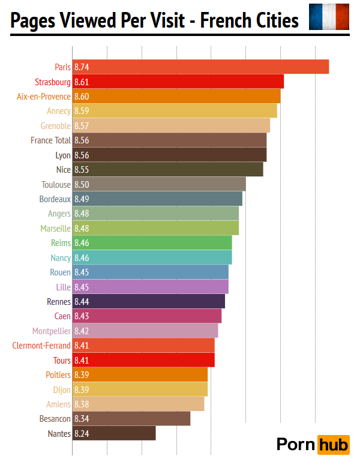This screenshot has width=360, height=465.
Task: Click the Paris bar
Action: click(x=201, y=67)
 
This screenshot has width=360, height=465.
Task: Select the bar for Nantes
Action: click(x=114, y=433)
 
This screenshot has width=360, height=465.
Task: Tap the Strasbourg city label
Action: click(x=53, y=82)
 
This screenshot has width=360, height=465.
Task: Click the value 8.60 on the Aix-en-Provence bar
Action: click(x=82, y=96)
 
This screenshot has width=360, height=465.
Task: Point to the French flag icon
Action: click(x=329, y=17)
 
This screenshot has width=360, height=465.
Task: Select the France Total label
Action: click(x=50, y=140)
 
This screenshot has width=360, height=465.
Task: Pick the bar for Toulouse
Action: click(x=159, y=184)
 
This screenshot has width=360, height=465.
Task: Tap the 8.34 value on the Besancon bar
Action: click(x=82, y=419)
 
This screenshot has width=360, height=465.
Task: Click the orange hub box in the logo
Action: click(x=333, y=445)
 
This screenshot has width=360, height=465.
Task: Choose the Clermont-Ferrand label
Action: click(x=41, y=346)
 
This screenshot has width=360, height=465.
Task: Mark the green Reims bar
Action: click(x=152, y=243)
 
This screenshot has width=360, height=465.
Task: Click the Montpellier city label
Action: click(x=52, y=331)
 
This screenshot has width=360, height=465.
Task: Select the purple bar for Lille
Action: click(x=150, y=287)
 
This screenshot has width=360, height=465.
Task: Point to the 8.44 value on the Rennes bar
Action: click(x=82, y=302)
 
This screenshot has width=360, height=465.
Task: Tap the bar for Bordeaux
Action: click(x=157, y=199)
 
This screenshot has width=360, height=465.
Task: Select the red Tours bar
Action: click(x=143, y=360)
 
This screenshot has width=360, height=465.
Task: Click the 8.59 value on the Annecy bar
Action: click(x=82, y=111)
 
